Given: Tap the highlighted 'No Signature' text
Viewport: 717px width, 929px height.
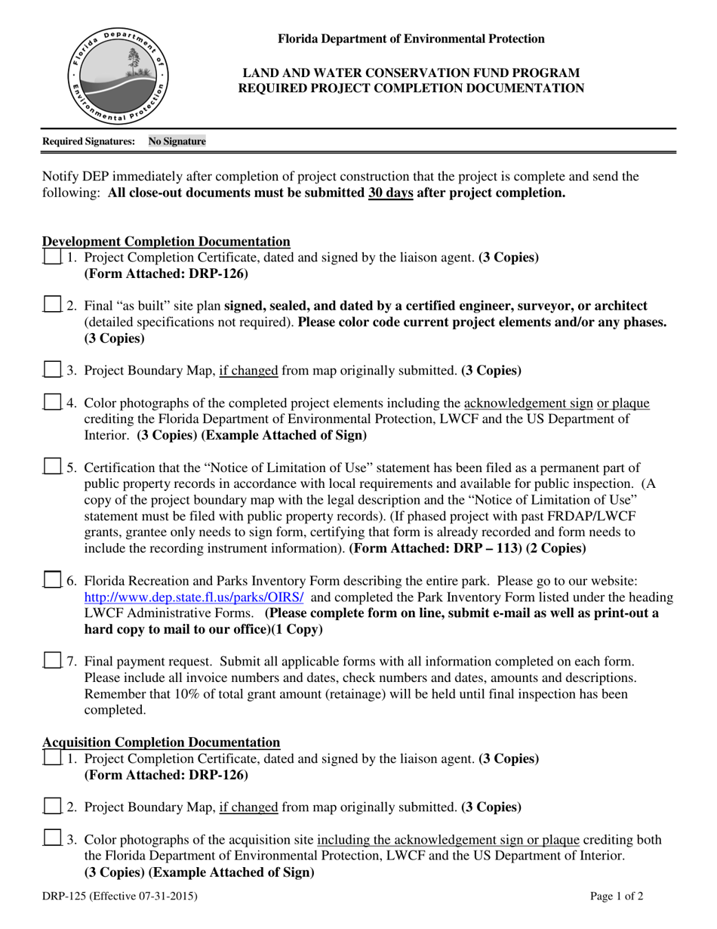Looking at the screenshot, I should click(x=177, y=141).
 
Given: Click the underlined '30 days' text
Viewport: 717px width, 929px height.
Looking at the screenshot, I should click(x=390, y=193).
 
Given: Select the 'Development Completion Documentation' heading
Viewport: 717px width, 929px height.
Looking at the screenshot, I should click(x=166, y=242).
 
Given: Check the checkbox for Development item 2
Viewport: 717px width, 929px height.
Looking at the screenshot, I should click(x=51, y=305).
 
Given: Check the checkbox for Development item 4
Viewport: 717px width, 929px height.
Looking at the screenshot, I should click(x=51, y=403).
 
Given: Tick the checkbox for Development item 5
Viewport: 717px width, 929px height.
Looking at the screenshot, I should click(x=51, y=467).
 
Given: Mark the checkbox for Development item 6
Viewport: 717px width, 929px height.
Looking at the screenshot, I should click(x=51, y=580).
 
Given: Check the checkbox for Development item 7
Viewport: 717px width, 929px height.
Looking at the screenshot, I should click(x=51, y=661).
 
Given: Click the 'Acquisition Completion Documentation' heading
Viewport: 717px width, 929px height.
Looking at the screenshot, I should click(x=161, y=742).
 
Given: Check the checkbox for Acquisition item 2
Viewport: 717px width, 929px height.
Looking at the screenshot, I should click(x=51, y=806).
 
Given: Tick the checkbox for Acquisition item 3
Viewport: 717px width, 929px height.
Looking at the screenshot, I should click(x=51, y=838).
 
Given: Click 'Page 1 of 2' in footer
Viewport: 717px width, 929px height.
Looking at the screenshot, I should click(x=617, y=897).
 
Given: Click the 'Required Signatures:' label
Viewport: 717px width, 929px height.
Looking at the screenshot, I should click(x=89, y=141).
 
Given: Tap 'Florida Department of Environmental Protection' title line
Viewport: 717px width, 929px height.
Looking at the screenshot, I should click(x=411, y=39).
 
